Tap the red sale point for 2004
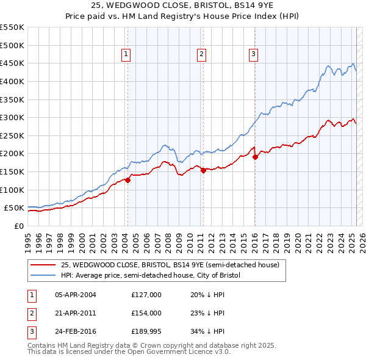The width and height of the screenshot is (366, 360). (128, 180)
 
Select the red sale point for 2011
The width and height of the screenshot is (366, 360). (204, 170)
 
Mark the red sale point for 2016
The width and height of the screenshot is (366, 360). (256, 157)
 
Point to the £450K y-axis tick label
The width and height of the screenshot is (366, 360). (12, 63)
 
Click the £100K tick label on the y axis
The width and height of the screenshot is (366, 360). (12, 190)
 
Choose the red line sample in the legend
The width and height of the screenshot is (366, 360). (43, 265)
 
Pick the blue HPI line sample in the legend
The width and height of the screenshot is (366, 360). (43, 275)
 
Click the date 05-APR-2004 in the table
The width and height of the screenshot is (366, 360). (76, 295)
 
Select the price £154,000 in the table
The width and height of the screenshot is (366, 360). (146, 314)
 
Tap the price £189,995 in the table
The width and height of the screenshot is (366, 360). (146, 333)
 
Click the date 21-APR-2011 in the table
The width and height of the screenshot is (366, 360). (76, 314)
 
